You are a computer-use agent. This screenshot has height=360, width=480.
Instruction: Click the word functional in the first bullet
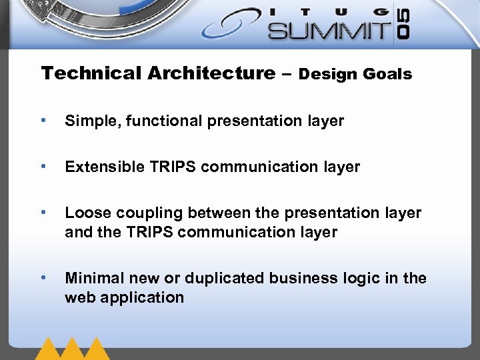click(153, 121)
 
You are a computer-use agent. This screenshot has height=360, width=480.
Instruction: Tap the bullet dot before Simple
click(43, 121)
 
